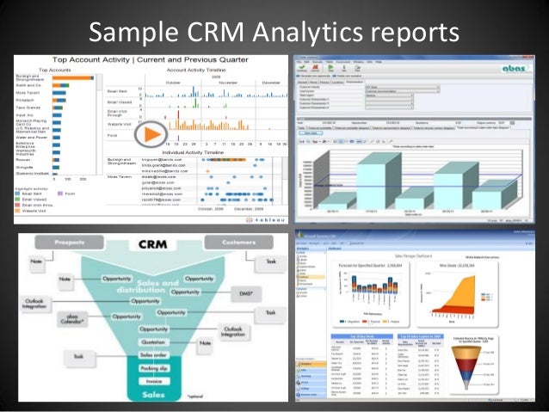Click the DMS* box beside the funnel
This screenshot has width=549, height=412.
tap(244, 293)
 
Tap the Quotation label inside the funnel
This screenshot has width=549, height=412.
tap(154, 341)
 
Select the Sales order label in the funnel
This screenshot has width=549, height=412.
tap(153, 354)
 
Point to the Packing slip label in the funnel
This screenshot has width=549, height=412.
tap(153, 366)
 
